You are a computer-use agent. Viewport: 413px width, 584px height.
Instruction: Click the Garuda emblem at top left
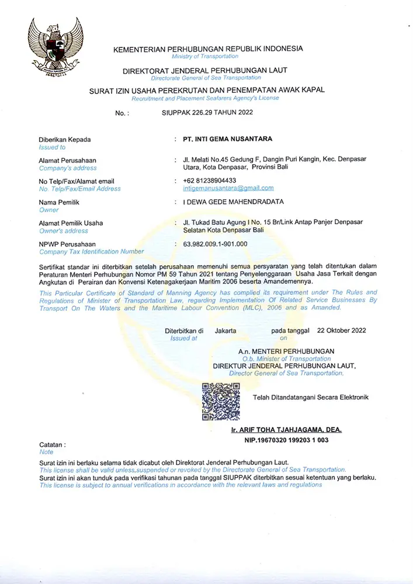(x=56, y=47)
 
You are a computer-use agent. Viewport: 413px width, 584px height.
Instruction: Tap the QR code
(x=221, y=402)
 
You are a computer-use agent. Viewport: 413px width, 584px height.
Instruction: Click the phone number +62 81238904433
(x=210, y=180)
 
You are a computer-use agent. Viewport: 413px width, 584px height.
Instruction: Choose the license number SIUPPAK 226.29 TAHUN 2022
(x=207, y=113)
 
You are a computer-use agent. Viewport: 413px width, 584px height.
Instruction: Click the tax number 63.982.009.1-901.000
(x=215, y=244)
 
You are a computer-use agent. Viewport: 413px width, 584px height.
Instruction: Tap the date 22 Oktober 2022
(x=341, y=330)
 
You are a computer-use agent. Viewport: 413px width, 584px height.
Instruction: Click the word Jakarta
(x=225, y=330)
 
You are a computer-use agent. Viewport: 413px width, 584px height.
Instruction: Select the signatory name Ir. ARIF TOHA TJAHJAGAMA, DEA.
(x=286, y=430)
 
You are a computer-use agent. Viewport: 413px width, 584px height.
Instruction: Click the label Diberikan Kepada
(x=65, y=140)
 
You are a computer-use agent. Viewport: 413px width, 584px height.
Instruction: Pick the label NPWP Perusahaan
(x=67, y=244)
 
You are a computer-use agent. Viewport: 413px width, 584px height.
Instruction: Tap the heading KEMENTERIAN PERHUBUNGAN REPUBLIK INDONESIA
(x=208, y=49)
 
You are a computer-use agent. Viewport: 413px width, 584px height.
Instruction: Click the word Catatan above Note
(x=52, y=444)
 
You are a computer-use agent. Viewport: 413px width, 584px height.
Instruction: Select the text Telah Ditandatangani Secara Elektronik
(x=311, y=398)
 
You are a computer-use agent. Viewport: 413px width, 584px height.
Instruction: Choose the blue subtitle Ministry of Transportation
(x=205, y=57)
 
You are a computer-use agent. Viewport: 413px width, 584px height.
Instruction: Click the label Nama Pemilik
(x=59, y=202)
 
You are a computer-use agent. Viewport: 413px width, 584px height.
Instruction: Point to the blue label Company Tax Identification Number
(x=91, y=252)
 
